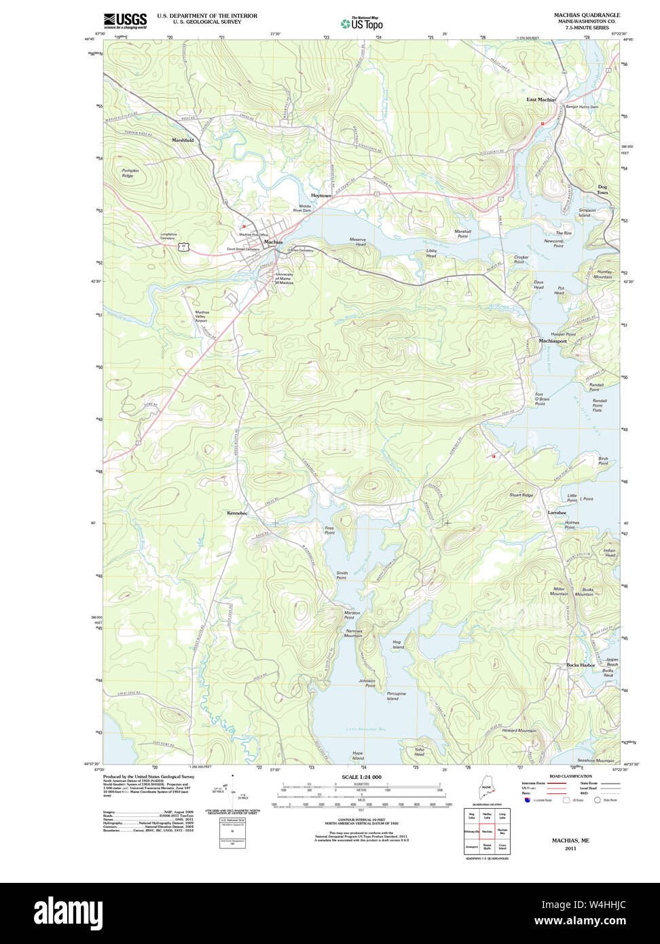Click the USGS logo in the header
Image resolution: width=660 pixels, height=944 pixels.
pos(125,20)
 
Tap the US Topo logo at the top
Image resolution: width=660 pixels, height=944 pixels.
pos(361,23)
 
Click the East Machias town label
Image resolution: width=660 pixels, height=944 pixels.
pos(540,100)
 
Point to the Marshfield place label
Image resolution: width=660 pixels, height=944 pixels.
pos(183,140)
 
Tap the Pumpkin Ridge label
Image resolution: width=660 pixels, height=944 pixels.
pos(130,173)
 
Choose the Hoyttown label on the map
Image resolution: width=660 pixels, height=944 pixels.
pos(321,196)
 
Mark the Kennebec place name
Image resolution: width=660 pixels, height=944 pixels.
pos(237,513)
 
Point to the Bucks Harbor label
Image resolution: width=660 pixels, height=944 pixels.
pos(581,665)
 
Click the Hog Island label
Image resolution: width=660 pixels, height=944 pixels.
pos(398,644)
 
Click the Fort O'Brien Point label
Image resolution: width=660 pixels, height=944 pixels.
pos(540,399)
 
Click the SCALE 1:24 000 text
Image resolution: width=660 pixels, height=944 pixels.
pos(361,777)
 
